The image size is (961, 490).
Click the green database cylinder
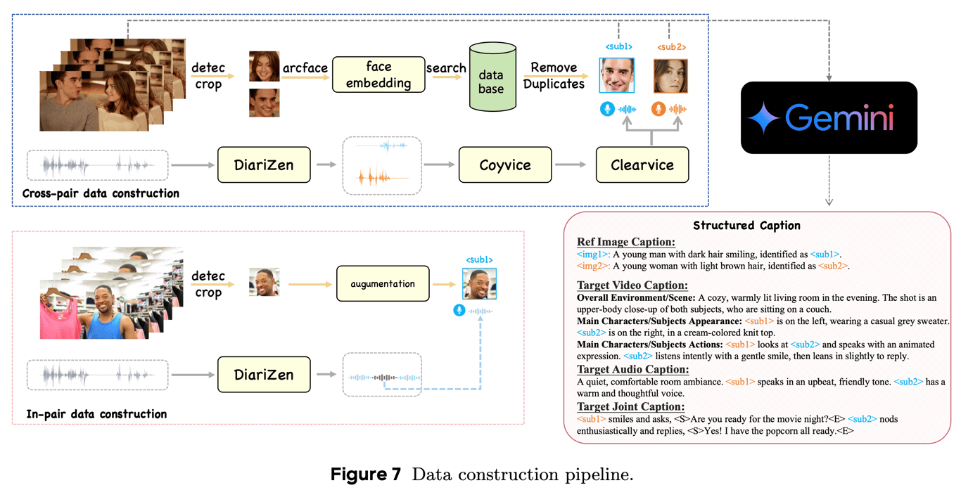492,77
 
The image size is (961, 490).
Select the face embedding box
378,75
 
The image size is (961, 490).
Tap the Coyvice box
505,165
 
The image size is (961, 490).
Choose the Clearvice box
642,165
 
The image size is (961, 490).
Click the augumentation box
383,284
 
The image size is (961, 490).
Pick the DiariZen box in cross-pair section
264,165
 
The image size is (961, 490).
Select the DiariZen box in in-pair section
264,375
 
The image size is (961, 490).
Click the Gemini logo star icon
763,118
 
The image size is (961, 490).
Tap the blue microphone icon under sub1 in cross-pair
607,109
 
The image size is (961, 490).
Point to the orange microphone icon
658,109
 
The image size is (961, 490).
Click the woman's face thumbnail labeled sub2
670,77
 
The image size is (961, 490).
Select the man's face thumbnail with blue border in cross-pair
616,75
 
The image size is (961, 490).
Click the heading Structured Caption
746,226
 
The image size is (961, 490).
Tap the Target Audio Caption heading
632,369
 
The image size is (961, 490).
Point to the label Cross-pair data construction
101,194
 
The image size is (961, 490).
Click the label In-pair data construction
96,414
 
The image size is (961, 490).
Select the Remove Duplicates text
554,75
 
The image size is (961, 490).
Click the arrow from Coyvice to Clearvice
571,165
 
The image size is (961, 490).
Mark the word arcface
305,67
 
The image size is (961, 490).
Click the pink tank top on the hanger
60,315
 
